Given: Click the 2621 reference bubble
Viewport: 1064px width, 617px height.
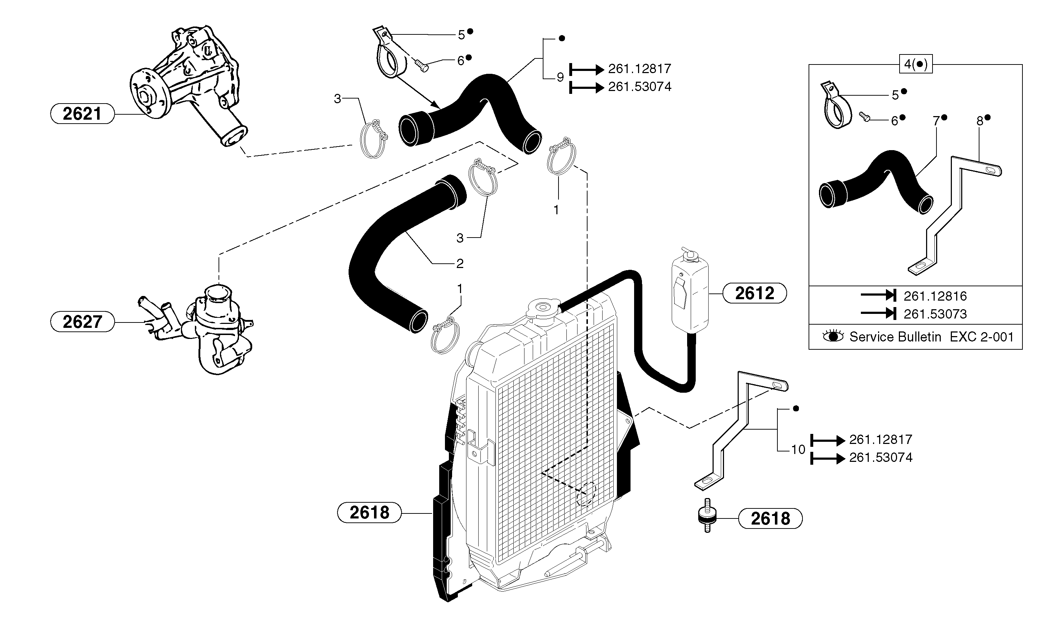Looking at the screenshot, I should [x=82, y=114].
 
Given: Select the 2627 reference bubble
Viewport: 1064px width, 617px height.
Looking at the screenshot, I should [x=82, y=322].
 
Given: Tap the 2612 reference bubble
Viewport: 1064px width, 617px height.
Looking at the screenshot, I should [x=754, y=293].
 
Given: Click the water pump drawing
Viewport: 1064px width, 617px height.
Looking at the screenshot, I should [x=186, y=85].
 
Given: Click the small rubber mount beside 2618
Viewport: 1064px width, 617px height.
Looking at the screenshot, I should [x=707, y=518].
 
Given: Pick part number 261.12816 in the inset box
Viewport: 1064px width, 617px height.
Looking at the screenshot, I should [x=935, y=296].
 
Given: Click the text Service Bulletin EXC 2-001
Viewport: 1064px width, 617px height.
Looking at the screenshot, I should [x=931, y=337].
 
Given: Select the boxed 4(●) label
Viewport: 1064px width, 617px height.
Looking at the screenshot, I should [x=916, y=64].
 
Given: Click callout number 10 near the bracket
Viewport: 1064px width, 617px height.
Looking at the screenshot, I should [x=798, y=450].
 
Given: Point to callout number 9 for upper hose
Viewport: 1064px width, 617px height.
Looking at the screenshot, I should [x=560, y=77].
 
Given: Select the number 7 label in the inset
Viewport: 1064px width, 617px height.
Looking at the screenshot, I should [x=936, y=121].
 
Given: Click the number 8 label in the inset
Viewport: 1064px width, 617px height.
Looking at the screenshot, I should [x=979, y=121].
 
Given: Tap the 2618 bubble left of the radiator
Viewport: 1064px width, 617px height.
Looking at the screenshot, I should [x=369, y=513].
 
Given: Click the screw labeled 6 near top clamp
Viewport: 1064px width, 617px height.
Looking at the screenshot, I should [x=421, y=66].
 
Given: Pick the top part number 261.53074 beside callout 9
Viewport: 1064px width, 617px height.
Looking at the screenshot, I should [x=639, y=87].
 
